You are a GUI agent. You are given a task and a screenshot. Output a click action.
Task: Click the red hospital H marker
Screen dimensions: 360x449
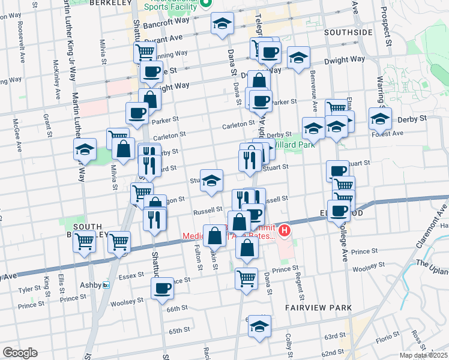[285, 230]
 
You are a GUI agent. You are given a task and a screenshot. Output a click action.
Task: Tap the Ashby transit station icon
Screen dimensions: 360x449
[106, 285]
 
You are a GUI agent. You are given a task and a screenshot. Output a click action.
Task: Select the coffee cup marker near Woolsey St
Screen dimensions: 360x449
[161, 289]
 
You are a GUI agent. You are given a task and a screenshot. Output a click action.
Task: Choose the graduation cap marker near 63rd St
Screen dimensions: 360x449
[259, 326]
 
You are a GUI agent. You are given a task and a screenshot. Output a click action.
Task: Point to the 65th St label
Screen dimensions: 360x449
[179, 331]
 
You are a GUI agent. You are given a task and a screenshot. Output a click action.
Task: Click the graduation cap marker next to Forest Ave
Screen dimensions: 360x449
[379, 119]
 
